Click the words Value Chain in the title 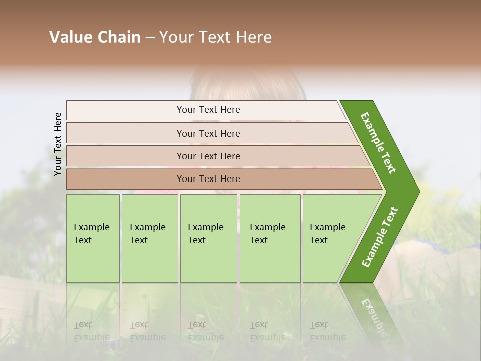[95, 37]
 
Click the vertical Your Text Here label [58, 144]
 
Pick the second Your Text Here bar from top [208, 133]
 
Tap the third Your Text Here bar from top [208, 156]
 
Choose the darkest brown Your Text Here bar [208, 179]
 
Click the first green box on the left [93, 238]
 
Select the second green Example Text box [149, 238]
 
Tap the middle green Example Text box [208, 238]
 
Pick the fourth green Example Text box [270, 238]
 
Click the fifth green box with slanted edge [331, 238]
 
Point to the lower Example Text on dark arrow [380, 237]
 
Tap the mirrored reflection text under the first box [92, 331]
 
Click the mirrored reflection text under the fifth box [328, 331]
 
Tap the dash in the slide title [150, 37]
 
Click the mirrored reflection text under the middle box [206, 331]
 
